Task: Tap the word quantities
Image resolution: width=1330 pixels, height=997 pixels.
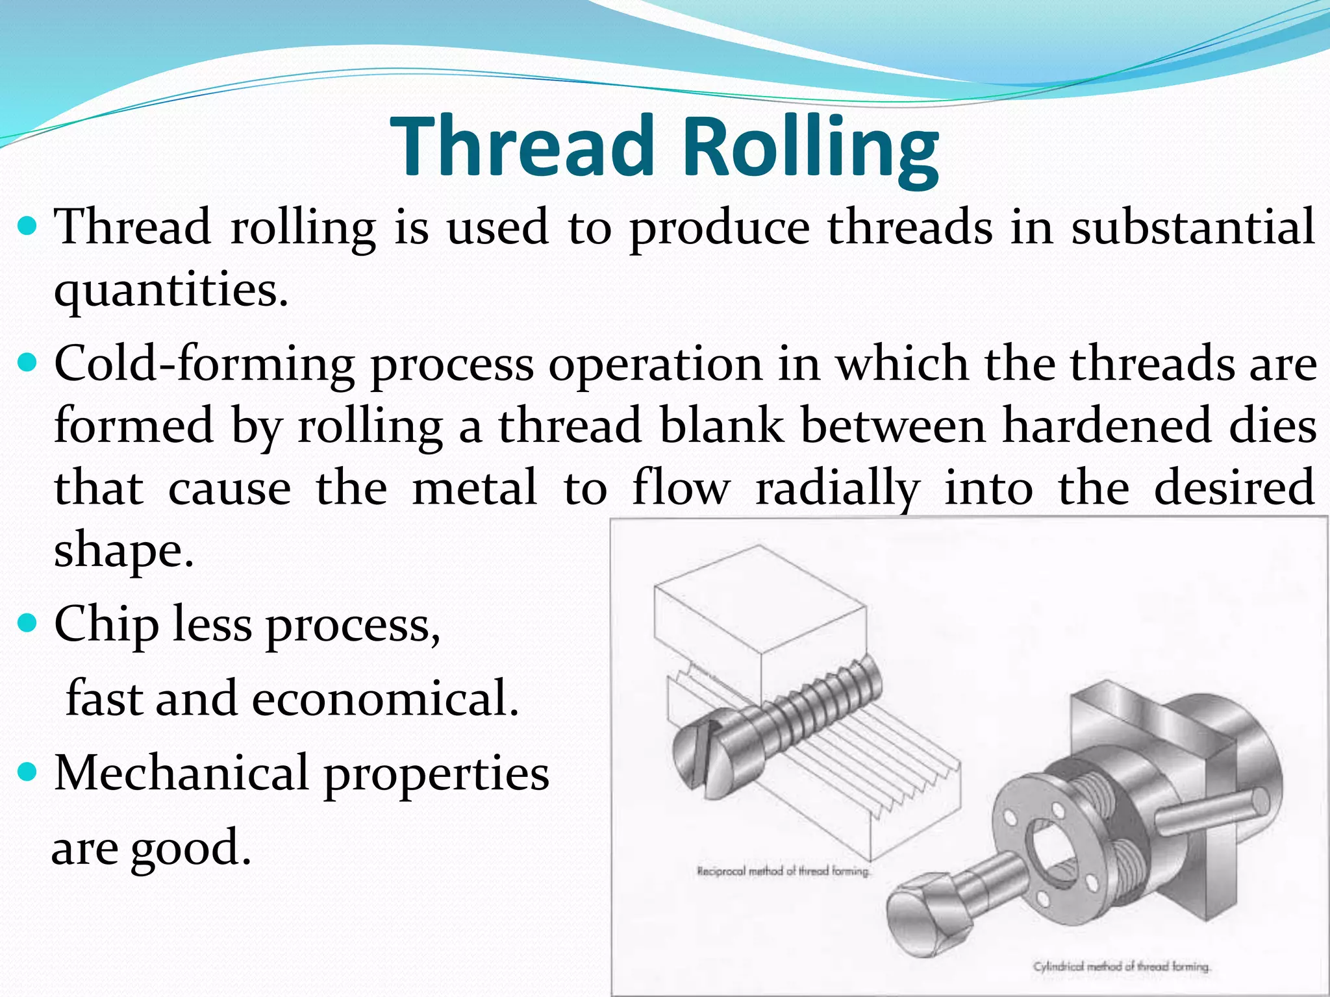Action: click(170, 290)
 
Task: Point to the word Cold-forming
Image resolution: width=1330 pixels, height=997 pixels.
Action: click(204, 363)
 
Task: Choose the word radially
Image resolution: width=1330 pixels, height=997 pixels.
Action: click(838, 488)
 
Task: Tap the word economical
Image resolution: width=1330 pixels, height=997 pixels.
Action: click(385, 698)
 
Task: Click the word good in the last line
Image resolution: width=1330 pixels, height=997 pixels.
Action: click(191, 848)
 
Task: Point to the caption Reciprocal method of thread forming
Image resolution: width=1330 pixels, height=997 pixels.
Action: click(783, 871)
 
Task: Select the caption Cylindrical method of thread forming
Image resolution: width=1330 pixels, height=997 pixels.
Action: click(1122, 966)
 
